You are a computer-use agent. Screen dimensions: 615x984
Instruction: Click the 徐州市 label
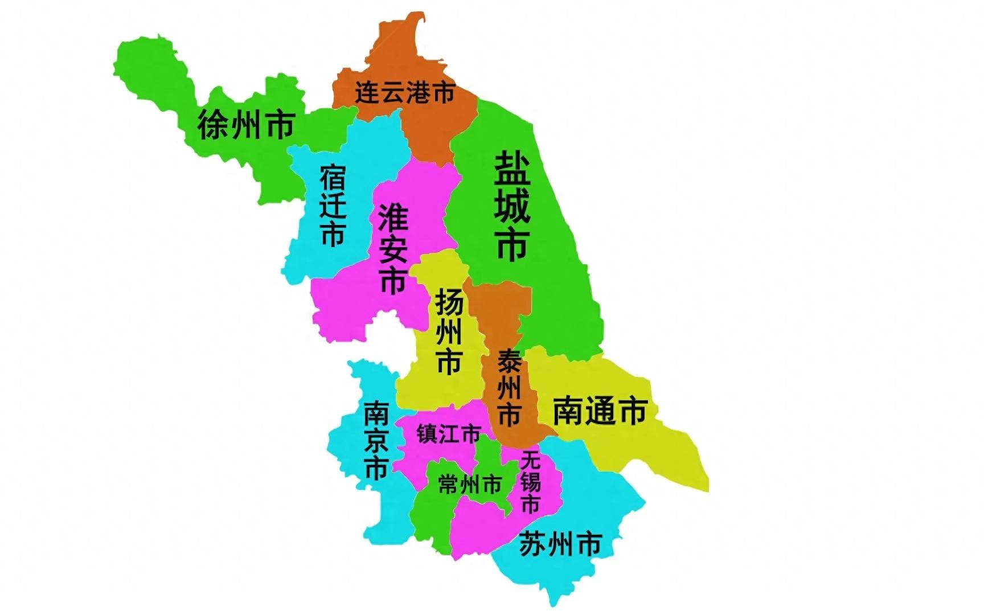coord(246,125)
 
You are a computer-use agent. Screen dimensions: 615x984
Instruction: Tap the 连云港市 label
coord(405,92)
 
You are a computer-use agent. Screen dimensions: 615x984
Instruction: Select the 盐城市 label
coord(512,206)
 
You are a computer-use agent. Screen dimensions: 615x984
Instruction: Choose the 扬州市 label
coord(449,330)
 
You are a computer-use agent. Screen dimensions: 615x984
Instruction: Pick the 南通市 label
coord(600,411)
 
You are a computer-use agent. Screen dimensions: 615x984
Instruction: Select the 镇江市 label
coord(448,434)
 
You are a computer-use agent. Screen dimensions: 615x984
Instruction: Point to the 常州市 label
coord(470,485)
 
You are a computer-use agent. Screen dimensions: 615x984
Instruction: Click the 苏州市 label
coord(560,544)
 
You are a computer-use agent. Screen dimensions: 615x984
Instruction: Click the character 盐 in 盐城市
coord(512,169)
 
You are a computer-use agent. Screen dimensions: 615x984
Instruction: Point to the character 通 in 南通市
coord(600,411)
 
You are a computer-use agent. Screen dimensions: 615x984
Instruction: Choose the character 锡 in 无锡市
coord(530,482)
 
